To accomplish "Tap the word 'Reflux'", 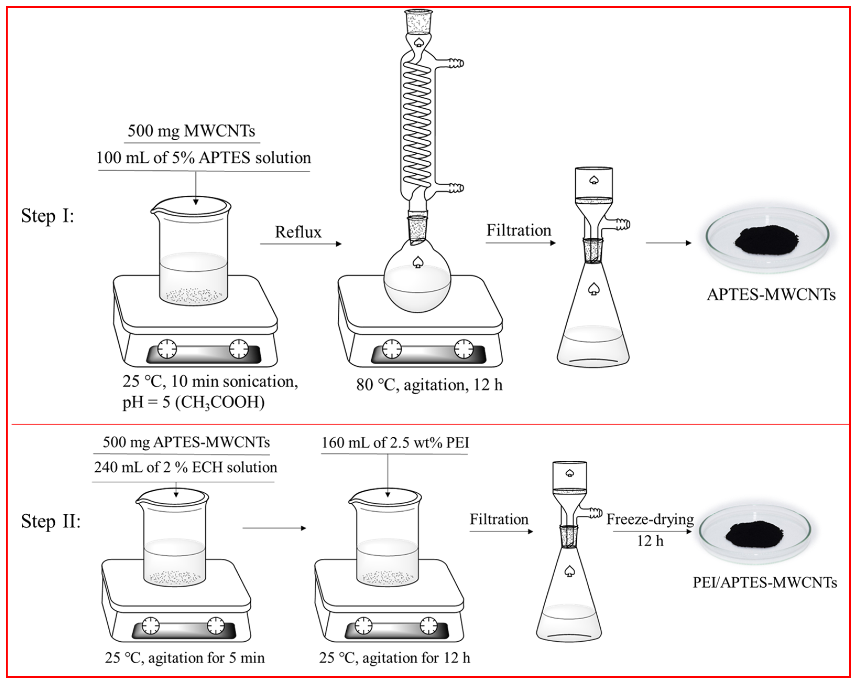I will [x=298, y=232].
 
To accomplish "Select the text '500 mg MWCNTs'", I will [x=191, y=131].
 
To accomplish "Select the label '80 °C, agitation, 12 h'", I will [x=429, y=384].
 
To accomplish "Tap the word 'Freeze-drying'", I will [x=650, y=519].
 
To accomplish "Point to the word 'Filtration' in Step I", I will [x=519, y=230].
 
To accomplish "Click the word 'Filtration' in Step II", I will [x=499, y=519].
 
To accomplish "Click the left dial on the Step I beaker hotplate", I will [x=167, y=349].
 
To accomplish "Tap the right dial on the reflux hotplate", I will [x=463, y=349].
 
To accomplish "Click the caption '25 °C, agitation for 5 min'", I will [x=185, y=658].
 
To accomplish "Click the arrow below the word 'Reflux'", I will [x=300, y=243].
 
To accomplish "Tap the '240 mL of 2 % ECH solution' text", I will [x=185, y=467].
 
